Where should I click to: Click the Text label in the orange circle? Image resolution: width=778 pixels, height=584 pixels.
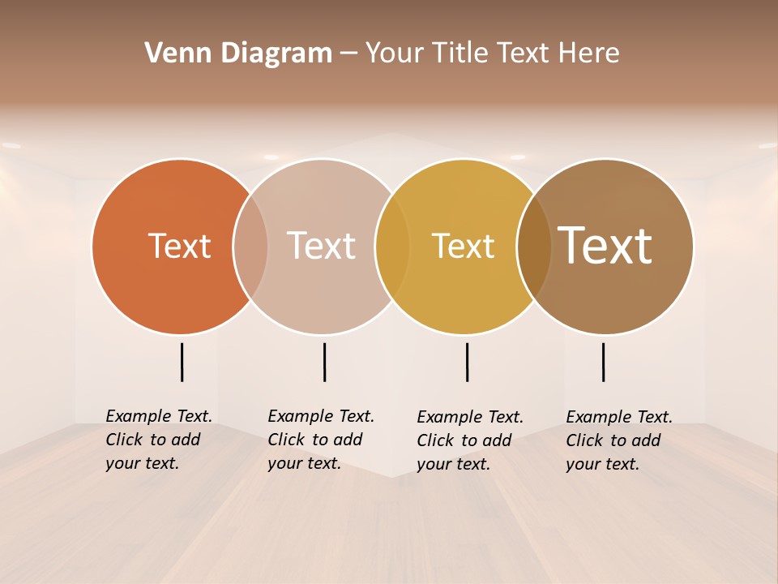pos(179,246)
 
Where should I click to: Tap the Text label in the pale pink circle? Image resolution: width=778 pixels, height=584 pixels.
pos(321,246)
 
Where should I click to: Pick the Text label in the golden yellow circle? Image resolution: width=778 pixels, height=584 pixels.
pos(463,246)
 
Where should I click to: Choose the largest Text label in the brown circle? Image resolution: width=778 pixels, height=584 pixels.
pos(605,246)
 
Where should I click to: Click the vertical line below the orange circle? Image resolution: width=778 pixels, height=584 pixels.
pos(182,362)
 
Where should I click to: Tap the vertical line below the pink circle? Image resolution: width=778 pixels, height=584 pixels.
pos(324,362)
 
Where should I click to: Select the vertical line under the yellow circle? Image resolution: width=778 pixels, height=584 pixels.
pos(467,362)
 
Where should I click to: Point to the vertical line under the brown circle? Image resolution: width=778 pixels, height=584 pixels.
pos(603,362)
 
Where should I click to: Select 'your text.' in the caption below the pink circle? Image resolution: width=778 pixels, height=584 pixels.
pos(304,463)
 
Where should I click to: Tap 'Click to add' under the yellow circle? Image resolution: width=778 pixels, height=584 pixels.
pos(464,440)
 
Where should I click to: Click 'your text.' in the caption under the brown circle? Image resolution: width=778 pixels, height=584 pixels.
pos(602,464)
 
